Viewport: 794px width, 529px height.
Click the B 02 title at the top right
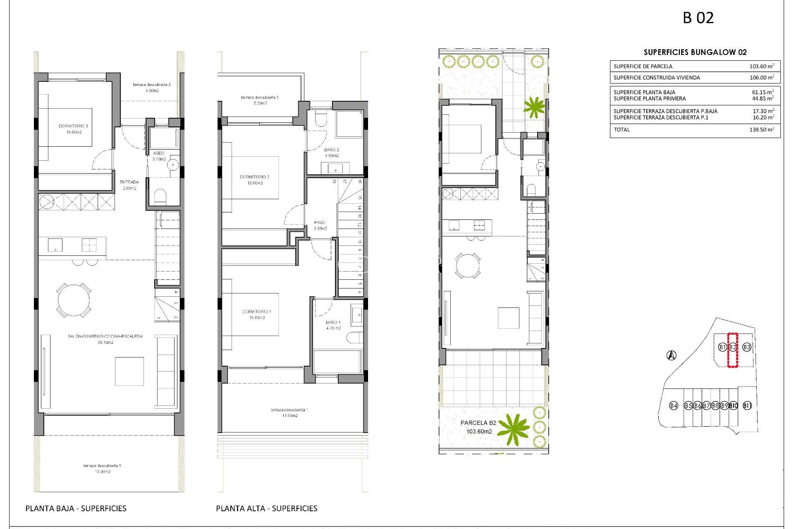click(x=698, y=18)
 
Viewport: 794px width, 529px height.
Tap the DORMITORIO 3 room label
click(x=74, y=129)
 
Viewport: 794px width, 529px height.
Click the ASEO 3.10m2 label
click(x=159, y=156)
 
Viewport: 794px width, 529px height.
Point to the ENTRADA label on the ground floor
click(x=129, y=185)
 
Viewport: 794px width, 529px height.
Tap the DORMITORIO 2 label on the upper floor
click(x=255, y=180)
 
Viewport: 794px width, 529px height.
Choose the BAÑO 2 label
click(x=332, y=153)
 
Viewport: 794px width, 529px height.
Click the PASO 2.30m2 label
click(x=320, y=225)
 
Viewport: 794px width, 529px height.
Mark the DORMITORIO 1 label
click(x=257, y=315)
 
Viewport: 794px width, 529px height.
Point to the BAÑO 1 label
click(x=333, y=325)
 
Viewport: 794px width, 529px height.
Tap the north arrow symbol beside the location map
click(x=672, y=355)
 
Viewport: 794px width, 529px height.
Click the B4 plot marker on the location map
click(x=674, y=405)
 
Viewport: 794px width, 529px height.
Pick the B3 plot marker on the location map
click(x=746, y=347)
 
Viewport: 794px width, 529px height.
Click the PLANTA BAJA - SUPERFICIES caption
click(x=76, y=508)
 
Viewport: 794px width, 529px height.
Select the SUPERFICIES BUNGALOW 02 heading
click(x=695, y=52)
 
